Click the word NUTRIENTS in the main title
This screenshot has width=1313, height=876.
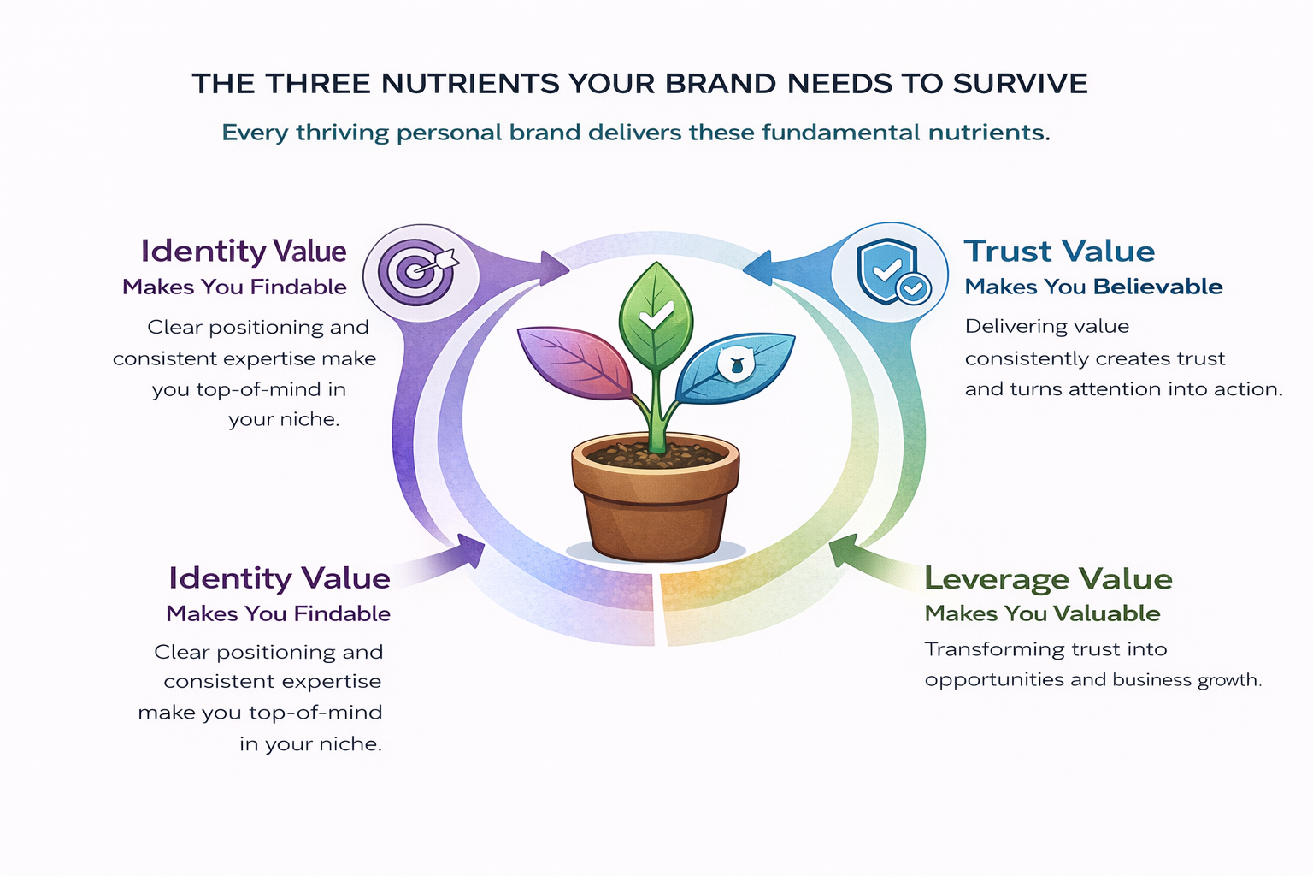point(470,83)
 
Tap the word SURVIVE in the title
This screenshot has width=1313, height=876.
point(1020,83)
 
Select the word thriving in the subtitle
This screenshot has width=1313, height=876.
point(342,133)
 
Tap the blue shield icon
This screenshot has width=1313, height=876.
point(887,270)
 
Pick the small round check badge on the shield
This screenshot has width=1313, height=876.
point(913,288)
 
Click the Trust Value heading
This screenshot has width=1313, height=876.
point(1059,252)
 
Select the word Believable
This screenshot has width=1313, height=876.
point(1157,287)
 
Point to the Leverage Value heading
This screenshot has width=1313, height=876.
point(1048,579)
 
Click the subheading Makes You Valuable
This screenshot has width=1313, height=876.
point(1042,613)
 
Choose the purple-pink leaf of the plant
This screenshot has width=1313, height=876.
point(574,361)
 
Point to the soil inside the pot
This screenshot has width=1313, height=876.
point(656,455)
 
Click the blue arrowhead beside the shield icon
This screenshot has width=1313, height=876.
point(758,268)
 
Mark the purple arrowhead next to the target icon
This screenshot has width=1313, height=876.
point(554,268)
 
